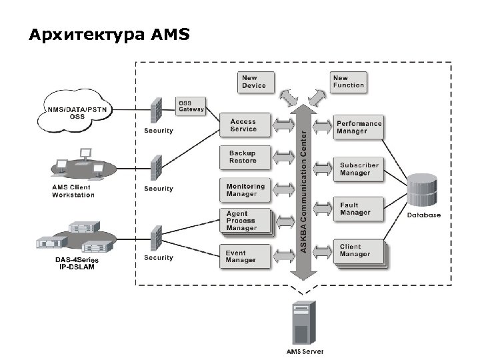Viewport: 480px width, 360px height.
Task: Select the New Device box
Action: pos(254,82)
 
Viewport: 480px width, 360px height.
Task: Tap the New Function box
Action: pos(349,82)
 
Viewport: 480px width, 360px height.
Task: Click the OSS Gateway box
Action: pos(190,107)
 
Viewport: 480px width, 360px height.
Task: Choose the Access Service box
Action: pos(246,125)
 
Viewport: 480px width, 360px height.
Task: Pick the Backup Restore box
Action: pos(246,157)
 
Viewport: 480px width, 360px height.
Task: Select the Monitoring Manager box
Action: pos(246,190)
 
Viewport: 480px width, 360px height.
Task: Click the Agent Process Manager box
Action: pos(246,221)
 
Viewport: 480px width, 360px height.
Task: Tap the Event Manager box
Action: pos(246,257)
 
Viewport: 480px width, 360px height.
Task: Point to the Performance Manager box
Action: pos(358,127)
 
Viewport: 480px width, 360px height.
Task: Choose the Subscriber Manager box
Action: pos(358,169)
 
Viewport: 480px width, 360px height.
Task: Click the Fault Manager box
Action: pos(358,209)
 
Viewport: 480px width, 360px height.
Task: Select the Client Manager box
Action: pos(358,251)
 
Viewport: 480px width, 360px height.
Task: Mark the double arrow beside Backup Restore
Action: pos(285,157)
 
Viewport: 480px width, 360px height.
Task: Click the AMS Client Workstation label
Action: pos(73,191)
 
